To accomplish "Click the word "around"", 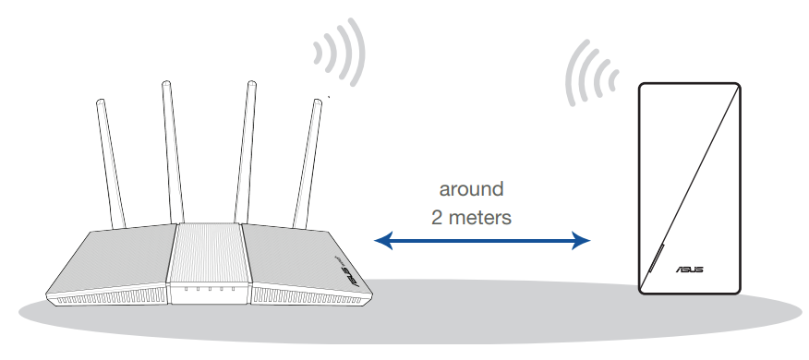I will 471,190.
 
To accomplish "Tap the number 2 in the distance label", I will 438,219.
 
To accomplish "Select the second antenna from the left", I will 170,148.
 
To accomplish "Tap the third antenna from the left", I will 248,148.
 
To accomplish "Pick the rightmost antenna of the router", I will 310,157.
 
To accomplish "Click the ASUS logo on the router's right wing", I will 344,268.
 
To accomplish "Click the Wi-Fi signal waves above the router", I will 338,51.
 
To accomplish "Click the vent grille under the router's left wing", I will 106,299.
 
